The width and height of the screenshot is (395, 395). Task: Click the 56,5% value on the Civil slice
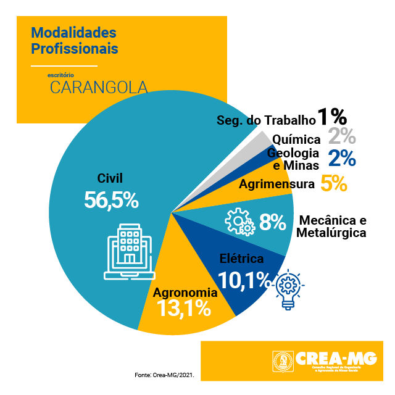tap(110, 200)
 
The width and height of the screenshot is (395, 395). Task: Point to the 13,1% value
tap(185, 308)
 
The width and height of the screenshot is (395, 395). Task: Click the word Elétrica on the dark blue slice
tap(242, 258)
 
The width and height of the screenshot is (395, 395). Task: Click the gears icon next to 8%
tap(239, 222)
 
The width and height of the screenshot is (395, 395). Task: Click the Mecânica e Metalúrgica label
tap(331, 227)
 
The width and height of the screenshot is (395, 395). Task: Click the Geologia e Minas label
tap(294, 159)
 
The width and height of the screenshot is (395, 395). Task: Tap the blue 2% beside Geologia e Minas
tap(342, 158)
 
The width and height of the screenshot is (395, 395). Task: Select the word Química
tap(296, 139)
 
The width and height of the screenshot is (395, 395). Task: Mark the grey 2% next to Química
tap(342, 137)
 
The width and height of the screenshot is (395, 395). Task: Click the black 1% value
tap(331, 117)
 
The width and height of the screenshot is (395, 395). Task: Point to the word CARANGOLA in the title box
tap(99, 86)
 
